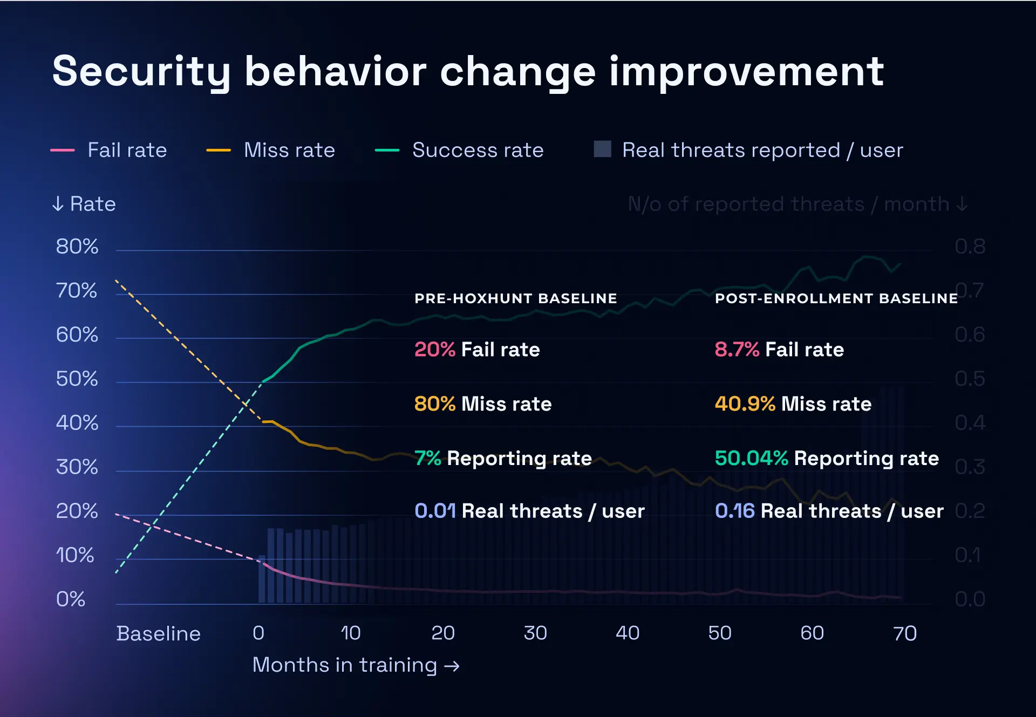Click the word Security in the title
click(x=141, y=72)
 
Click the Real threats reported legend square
click(x=602, y=149)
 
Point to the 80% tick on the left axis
click(x=77, y=247)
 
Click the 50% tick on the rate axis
click(x=77, y=379)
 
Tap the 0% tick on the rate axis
click(x=71, y=599)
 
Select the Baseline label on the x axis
click(x=158, y=633)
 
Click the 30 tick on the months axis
click(x=535, y=633)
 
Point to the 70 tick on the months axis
click(x=905, y=633)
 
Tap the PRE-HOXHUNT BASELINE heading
click(x=515, y=298)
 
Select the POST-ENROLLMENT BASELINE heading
click(x=836, y=298)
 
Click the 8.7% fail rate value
click(x=737, y=350)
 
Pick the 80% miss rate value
click(x=435, y=404)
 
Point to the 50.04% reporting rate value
click(x=751, y=459)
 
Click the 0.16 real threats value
click(x=734, y=511)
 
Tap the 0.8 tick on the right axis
click(x=970, y=247)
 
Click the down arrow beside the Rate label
click(x=58, y=204)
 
